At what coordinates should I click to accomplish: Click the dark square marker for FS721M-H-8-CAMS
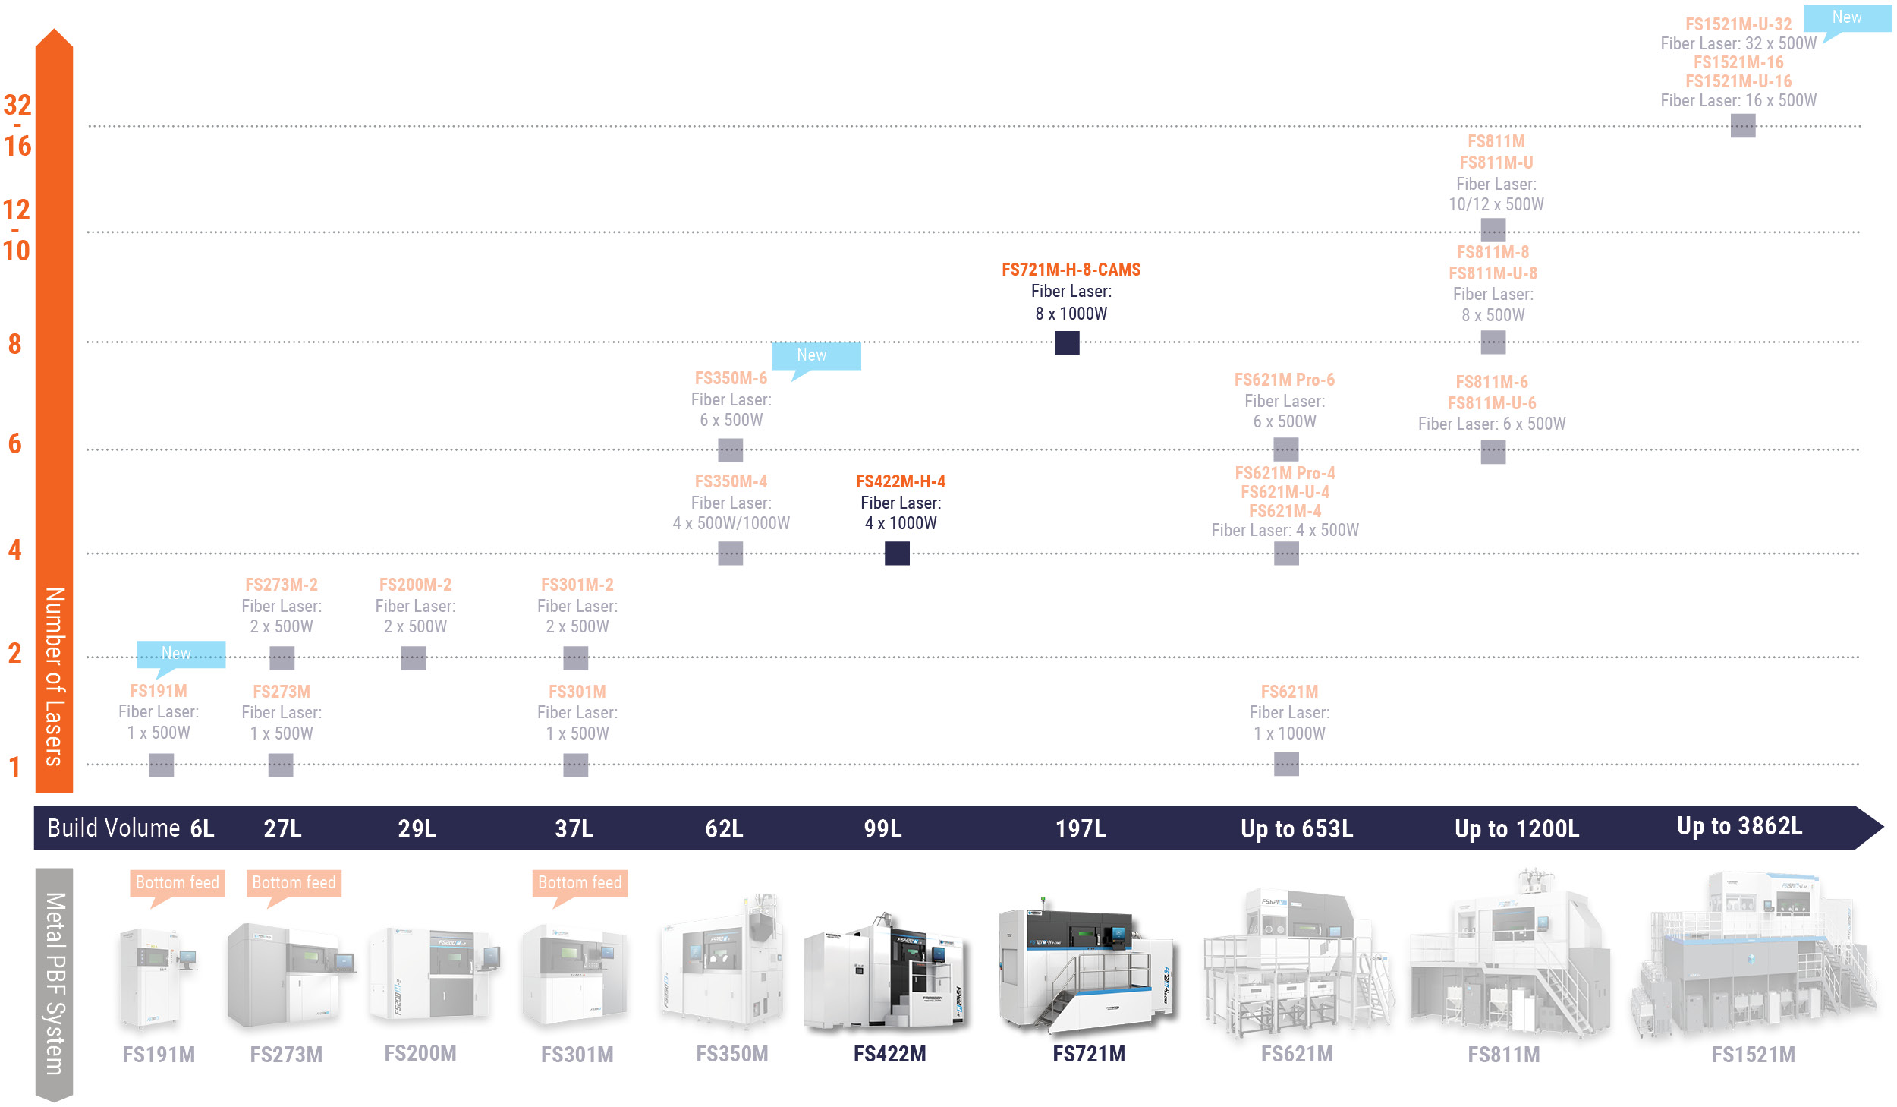pyautogui.click(x=1067, y=343)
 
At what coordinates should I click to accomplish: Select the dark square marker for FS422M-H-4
pyautogui.click(x=897, y=553)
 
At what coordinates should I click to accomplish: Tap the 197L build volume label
pyautogui.click(x=1081, y=828)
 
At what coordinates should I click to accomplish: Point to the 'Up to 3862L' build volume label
pyautogui.click(x=1739, y=826)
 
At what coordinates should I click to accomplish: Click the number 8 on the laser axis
pyautogui.click(x=14, y=344)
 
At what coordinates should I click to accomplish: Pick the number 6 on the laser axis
pyautogui.click(x=14, y=443)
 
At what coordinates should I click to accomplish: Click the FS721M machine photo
pyautogui.click(x=1087, y=966)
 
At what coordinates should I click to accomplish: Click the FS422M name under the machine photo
pyautogui.click(x=889, y=1054)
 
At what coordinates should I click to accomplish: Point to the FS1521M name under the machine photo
pyautogui.click(x=1753, y=1055)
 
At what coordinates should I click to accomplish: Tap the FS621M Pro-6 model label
pyautogui.click(x=1284, y=380)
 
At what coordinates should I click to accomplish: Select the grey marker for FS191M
pyautogui.click(x=161, y=765)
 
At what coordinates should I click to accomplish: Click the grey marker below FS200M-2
pyautogui.click(x=414, y=658)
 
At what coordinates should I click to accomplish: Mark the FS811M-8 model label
pyautogui.click(x=1493, y=252)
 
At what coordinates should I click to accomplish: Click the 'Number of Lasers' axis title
pyautogui.click(x=54, y=676)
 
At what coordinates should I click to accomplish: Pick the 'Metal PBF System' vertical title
pyautogui.click(x=55, y=984)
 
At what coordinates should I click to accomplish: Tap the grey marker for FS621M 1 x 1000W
pyautogui.click(x=1286, y=765)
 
